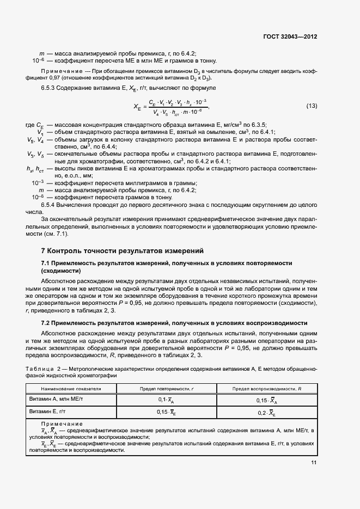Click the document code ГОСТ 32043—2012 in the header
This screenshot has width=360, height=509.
click(290, 37)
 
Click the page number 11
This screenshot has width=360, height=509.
click(314, 463)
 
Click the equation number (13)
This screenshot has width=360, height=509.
click(312, 105)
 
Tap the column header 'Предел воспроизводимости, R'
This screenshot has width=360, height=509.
click(267, 389)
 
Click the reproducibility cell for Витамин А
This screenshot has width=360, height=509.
click(266, 400)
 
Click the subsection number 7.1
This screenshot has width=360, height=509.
click(46, 263)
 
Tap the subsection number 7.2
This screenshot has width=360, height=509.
click(46, 323)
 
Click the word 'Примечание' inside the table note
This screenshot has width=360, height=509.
click(62, 424)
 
